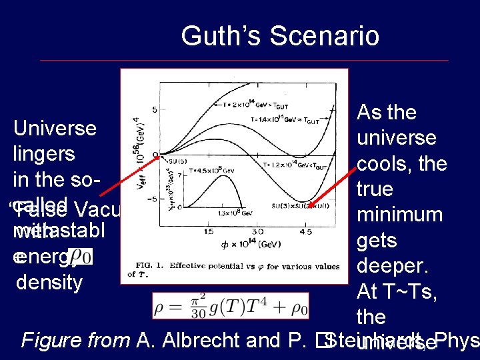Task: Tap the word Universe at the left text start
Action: (x=55, y=127)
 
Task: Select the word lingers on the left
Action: (x=44, y=153)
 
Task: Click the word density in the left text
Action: (x=49, y=282)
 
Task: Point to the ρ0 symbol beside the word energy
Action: (x=81, y=256)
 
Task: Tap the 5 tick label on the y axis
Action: (x=155, y=109)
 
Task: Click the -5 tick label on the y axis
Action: (x=153, y=199)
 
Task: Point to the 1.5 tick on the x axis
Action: (x=209, y=232)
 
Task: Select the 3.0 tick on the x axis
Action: (x=257, y=232)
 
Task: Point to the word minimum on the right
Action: (x=400, y=215)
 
